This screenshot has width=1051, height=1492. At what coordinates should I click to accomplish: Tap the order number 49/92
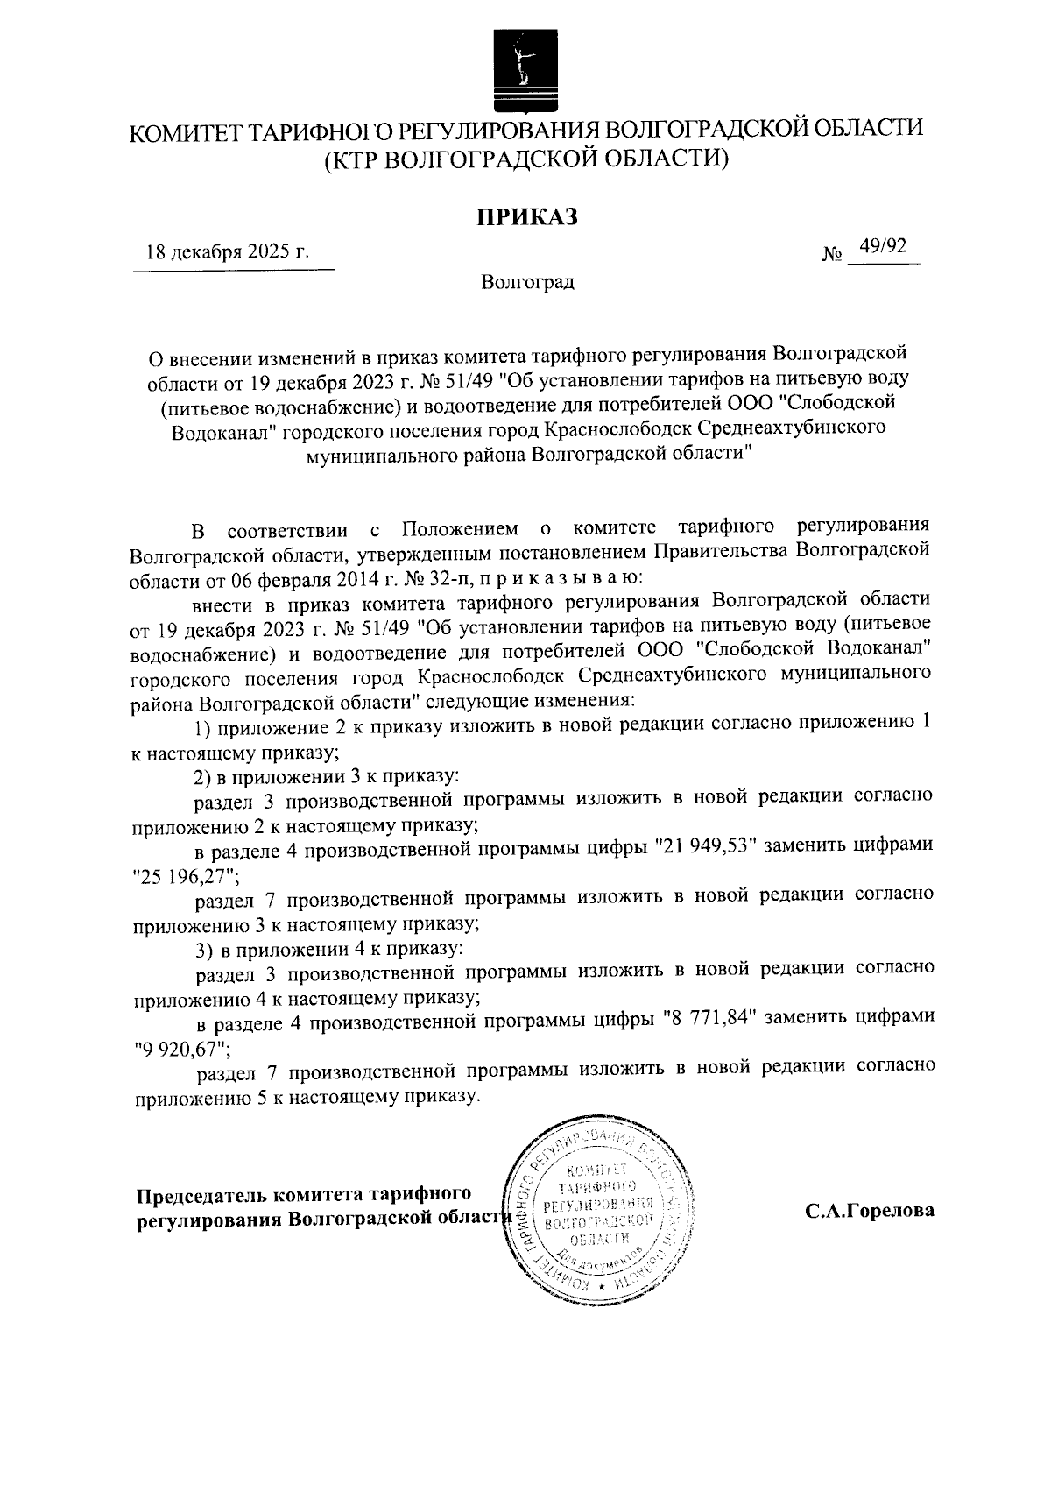(882, 248)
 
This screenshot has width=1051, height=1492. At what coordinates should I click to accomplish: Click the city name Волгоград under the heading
(526, 283)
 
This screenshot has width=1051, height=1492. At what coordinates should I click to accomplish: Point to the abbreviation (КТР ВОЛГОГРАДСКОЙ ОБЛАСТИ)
(526, 159)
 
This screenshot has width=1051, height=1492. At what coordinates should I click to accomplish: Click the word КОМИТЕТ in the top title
(182, 133)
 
